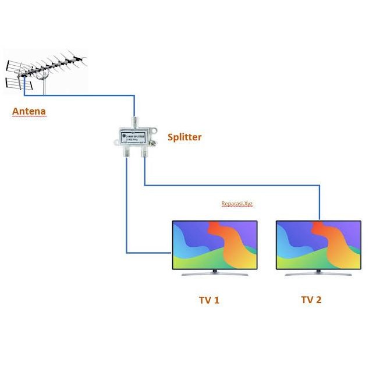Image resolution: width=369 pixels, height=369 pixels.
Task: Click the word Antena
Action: [29, 111]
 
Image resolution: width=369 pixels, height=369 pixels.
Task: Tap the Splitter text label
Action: [184, 137]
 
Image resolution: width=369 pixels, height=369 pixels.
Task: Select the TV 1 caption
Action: [209, 300]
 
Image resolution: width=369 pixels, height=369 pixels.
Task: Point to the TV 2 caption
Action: [311, 300]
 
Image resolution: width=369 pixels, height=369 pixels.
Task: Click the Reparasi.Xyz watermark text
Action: [237, 204]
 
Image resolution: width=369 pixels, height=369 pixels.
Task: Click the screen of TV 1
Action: [214, 245]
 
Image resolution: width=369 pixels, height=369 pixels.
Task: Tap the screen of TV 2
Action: [318, 245]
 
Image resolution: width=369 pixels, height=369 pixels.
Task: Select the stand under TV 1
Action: [214, 273]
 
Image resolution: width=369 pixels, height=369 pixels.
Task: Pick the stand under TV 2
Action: [318, 273]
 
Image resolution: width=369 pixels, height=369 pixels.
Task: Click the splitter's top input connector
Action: [135, 122]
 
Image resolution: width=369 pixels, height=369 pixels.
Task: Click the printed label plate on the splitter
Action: [133, 138]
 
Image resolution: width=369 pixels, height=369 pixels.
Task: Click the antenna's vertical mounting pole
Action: [44, 84]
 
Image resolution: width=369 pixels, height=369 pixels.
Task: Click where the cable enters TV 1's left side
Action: [171, 253]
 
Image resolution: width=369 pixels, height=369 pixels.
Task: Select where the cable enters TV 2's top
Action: [319, 220]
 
